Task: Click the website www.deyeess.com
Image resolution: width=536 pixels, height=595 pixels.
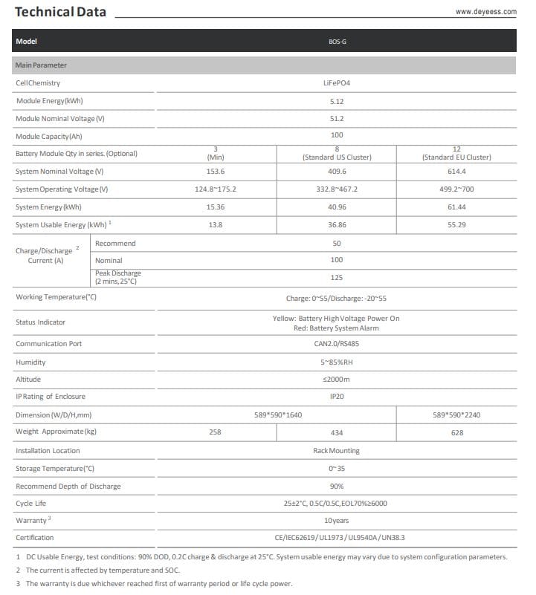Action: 485,12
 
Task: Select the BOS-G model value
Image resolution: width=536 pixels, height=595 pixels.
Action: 337,42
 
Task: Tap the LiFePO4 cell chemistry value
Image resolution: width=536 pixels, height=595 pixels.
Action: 337,82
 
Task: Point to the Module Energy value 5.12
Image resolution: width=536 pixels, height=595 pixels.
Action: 337,101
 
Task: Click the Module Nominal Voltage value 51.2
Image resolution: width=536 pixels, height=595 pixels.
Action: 337,119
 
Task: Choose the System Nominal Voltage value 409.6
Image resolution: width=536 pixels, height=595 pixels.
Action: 337,172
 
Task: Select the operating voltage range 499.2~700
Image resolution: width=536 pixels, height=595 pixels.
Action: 456,189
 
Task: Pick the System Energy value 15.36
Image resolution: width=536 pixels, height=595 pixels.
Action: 215,207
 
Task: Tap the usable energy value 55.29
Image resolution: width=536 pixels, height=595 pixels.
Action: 456,224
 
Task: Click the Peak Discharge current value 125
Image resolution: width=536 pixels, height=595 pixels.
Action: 337,277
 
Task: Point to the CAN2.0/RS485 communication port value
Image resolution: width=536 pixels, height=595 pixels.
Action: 337,344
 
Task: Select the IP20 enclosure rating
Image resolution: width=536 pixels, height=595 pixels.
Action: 337,397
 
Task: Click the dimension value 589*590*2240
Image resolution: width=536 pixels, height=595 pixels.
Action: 456,414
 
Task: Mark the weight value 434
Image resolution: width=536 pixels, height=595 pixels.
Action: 337,432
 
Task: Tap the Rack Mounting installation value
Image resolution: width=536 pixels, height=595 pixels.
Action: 337,450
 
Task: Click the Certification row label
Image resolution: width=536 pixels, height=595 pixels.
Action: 35,537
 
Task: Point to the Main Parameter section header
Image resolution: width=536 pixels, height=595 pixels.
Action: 41,65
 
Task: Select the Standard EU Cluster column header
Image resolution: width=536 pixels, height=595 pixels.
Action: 456,157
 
